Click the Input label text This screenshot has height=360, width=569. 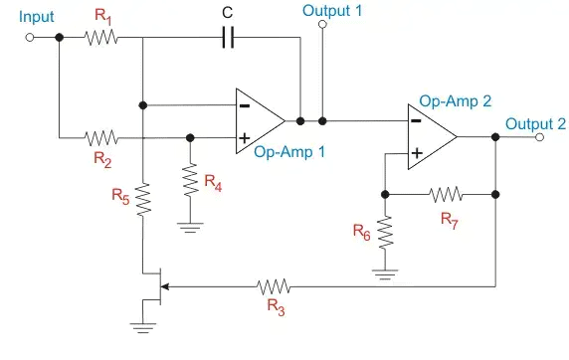click(36, 17)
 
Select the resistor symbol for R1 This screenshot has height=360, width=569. click(100, 37)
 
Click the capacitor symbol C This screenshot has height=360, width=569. click(229, 37)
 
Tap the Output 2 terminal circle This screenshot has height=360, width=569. click(538, 139)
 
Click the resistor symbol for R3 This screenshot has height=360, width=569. click(273, 286)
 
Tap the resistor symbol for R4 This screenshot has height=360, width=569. click(189, 180)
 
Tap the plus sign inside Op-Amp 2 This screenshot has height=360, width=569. click(416, 153)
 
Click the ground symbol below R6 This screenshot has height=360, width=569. click(385, 270)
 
